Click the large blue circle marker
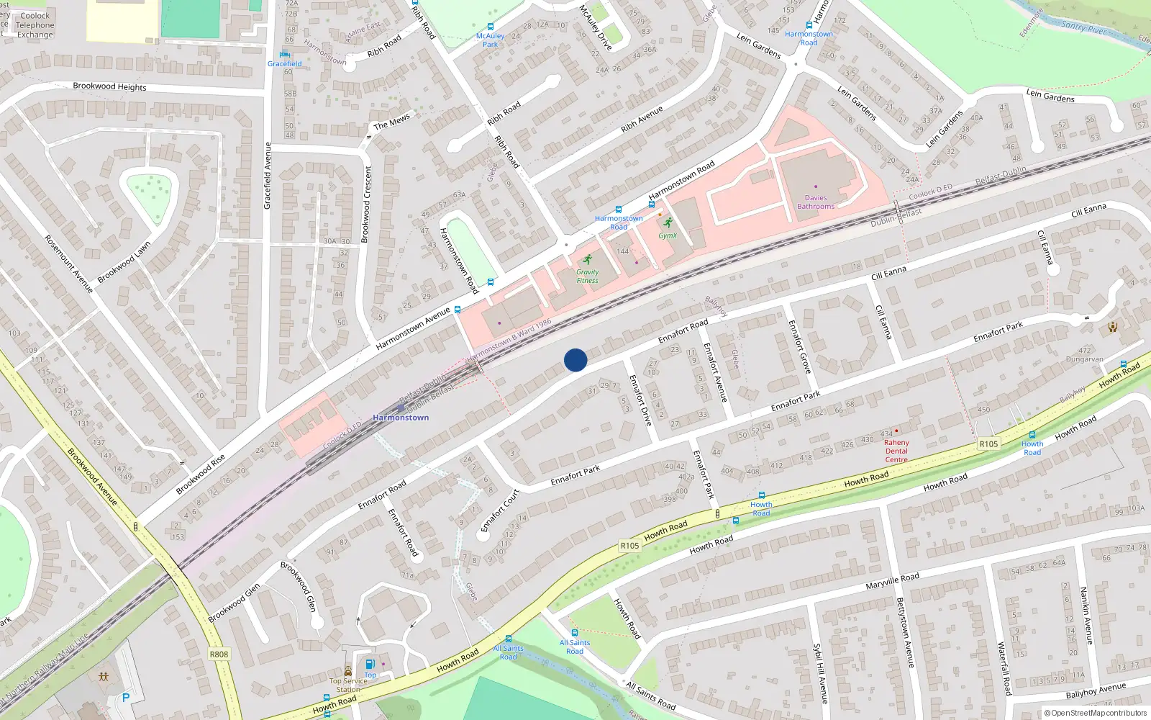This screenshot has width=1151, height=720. point(575,360)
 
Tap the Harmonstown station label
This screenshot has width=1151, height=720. point(401,418)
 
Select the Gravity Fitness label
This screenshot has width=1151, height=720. point(587,276)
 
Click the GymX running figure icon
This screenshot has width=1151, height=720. point(668,222)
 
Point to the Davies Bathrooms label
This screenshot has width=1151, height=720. point(816,202)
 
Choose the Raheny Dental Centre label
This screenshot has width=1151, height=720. point(896,451)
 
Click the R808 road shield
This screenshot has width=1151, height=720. point(219,654)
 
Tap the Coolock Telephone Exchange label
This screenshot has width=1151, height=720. point(35,25)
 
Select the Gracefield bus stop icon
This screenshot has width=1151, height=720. point(285,54)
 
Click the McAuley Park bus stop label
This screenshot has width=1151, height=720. point(490,40)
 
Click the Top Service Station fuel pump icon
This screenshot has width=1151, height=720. point(370,664)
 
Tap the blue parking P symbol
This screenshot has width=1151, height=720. point(126,698)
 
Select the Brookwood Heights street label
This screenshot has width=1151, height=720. point(109,86)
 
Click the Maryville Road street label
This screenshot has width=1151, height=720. point(892,581)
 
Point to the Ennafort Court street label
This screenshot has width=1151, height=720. point(500,510)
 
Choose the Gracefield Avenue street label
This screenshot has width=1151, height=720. point(268,176)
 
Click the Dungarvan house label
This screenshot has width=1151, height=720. point(1084,359)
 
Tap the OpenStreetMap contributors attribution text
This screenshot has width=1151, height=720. point(1095,713)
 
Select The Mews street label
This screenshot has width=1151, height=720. point(391,122)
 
